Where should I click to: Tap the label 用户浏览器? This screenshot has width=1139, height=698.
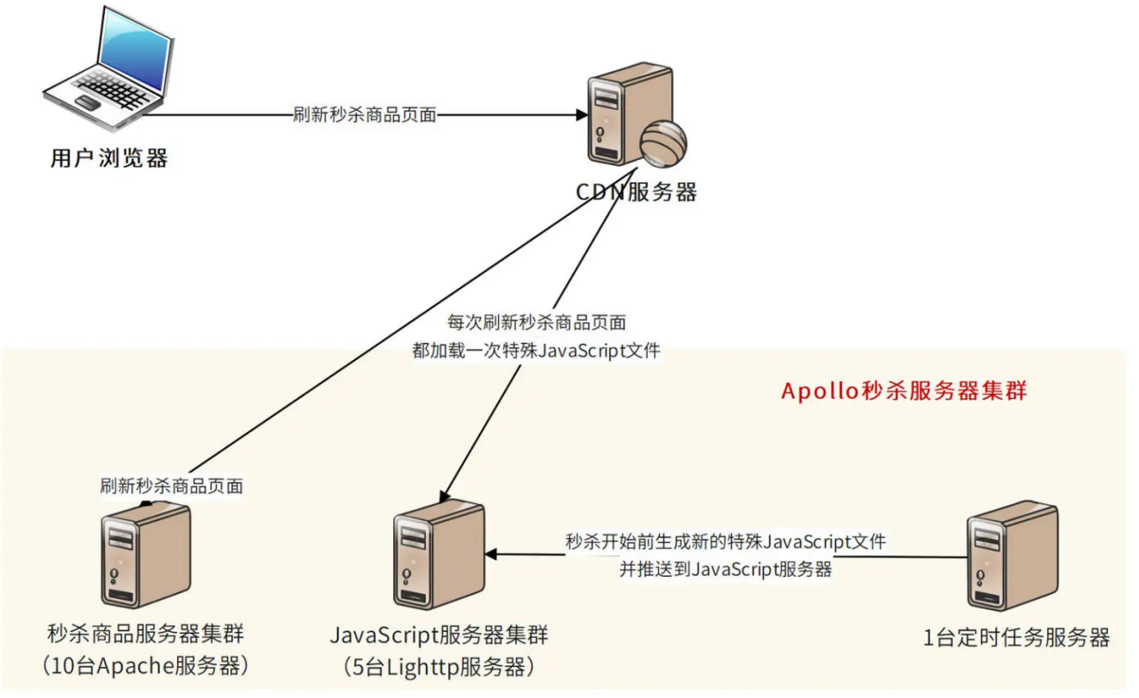tap(109, 159)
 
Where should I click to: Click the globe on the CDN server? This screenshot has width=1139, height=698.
tap(663, 142)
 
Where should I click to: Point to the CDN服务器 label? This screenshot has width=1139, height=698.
tap(636, 192)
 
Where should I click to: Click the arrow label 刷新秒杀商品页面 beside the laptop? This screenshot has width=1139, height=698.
tap(365, 115)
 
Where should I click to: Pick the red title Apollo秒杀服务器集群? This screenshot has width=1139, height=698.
tap(904, 391)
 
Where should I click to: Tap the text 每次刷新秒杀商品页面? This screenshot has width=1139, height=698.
tap(536, 323)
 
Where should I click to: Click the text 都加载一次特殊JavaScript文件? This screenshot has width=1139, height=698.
tap(536, 351)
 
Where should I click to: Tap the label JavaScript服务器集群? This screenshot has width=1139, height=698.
tap(439, 636)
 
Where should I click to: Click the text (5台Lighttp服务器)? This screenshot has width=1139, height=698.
tap(439, 665)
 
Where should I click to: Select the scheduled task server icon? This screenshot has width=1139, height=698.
tap(1012, 556)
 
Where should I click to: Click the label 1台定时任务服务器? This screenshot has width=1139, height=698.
tap(1016, 638)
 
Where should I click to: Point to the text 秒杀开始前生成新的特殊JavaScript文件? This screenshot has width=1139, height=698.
tap(725, 542)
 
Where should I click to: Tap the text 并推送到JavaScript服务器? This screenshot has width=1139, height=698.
tap(725, 569)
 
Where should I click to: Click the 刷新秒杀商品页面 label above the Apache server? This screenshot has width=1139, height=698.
tap(171, 486)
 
